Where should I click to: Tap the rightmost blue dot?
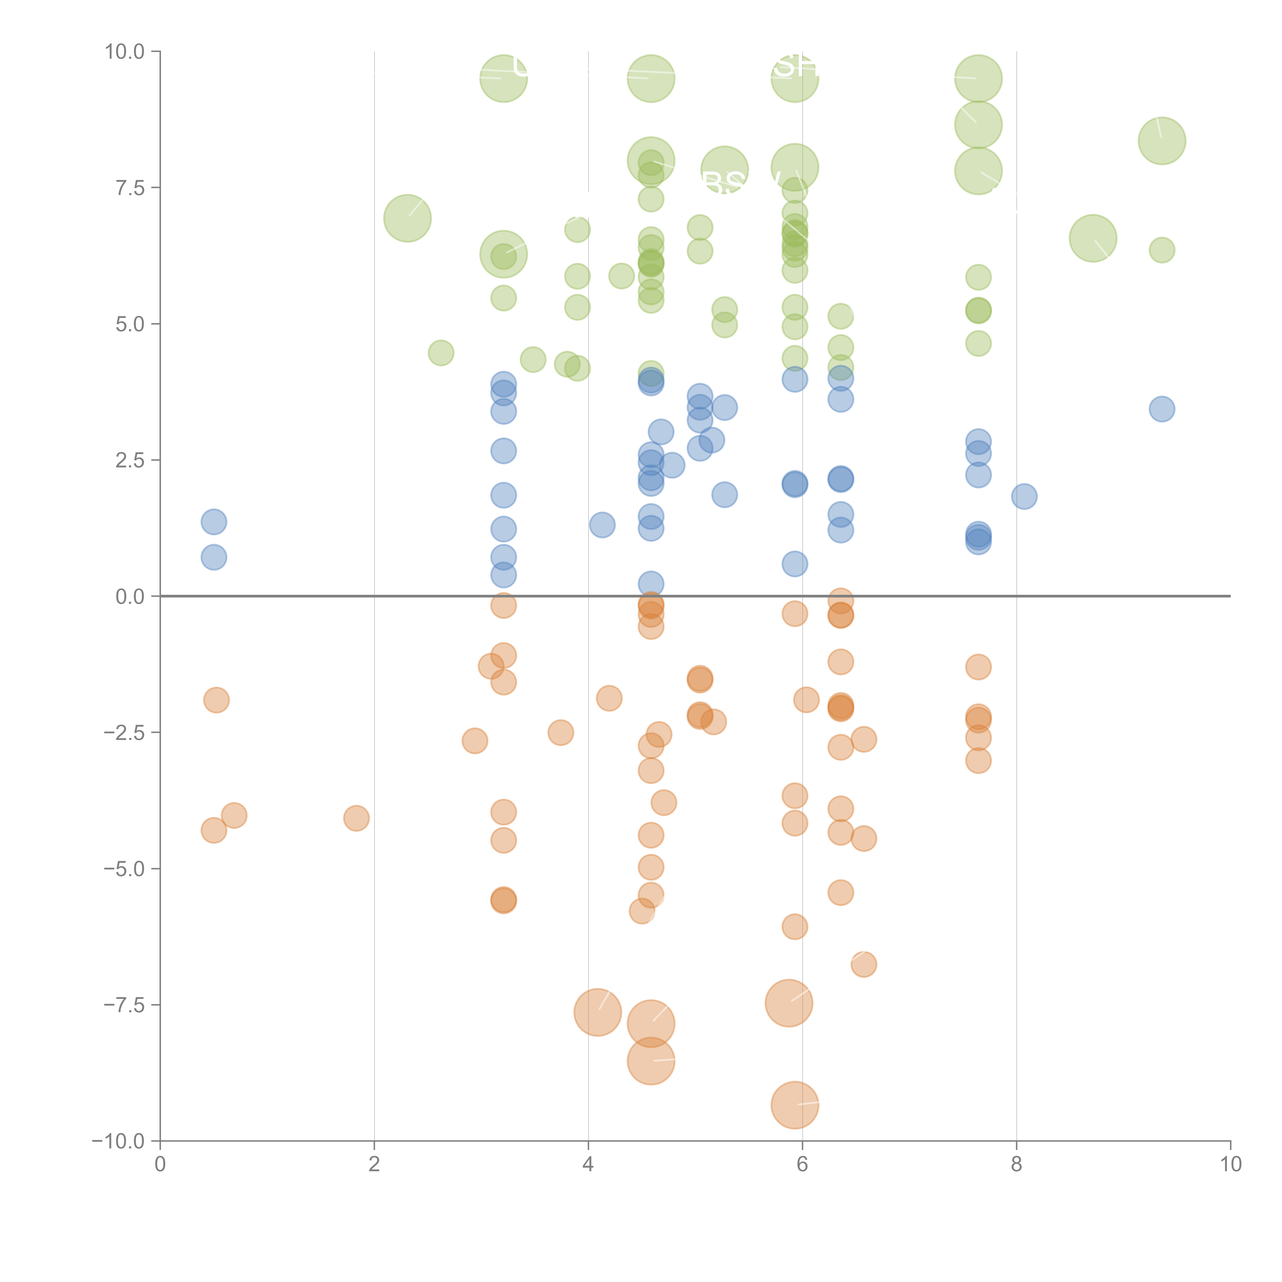point(1161,409)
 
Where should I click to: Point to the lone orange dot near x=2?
point(356,818)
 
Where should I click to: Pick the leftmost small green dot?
point(440,353)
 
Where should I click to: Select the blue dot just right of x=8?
point(1024,496)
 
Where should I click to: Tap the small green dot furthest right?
point(1161,250)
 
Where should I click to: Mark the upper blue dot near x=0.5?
point(214,522)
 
